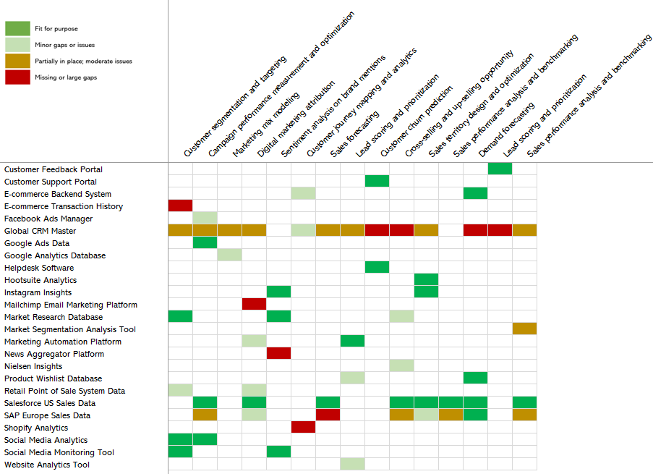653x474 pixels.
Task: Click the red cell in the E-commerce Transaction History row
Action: coord(180,206)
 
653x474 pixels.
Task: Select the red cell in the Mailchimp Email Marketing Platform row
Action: coord(254,305)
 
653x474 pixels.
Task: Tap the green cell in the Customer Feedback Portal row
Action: coord(500,169)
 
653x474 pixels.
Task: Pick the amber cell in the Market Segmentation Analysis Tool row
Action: coord(524,329)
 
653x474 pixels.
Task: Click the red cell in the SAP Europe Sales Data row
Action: coord(328,415)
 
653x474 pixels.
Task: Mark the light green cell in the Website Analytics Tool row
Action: coord(352,465)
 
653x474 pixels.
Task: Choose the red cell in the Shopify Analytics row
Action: coord(303,428)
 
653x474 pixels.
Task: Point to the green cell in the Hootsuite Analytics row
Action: coord(426,280)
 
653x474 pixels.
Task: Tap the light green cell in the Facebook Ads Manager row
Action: coord(205,219)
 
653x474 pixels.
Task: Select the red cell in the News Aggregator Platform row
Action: coord(278,354)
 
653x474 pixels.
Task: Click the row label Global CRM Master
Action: coord(40,231)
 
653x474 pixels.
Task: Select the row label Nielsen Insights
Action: coord(33,366)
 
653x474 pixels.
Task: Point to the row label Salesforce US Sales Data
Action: coord(50,403)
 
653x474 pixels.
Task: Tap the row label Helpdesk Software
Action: coord(39,268)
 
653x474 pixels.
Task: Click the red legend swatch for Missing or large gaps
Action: coord(17,77)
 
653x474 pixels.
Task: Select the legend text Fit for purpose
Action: coord(56,29)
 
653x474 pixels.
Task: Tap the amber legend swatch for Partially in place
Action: coord(17,62)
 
